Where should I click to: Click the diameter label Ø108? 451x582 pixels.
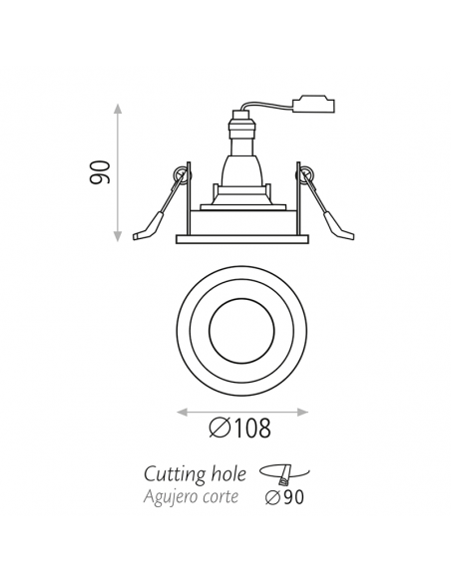241,429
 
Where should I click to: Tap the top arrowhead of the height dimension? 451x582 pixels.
119,107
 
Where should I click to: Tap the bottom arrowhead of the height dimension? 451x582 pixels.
119,236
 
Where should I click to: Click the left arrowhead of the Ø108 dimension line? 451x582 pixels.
179,409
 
